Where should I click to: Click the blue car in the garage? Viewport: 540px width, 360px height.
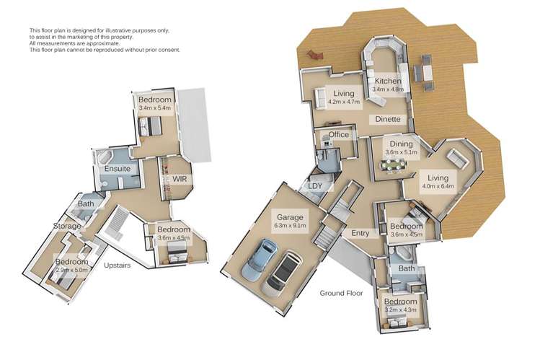259,259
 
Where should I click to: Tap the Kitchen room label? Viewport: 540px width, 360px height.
388,81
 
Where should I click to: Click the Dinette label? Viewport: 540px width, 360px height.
388,119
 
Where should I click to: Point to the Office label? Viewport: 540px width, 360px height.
339,135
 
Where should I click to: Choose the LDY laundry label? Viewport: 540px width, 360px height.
315,186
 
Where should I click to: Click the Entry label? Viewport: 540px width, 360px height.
360,233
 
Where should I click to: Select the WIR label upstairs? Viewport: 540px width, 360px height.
180,179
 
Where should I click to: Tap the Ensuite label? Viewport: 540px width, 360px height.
118,169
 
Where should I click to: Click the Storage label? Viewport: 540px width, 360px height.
67,226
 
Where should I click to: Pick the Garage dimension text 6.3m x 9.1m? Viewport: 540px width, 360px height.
290,226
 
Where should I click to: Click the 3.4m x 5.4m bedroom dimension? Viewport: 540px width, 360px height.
154,107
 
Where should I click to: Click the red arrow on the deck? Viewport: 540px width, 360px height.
315,54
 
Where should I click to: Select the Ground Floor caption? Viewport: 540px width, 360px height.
341,293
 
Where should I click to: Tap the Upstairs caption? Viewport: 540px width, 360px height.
118,265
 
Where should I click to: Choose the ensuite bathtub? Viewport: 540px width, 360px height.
104,157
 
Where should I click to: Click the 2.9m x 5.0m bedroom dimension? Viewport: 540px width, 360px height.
71,270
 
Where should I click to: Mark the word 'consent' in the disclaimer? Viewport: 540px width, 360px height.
170,50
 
